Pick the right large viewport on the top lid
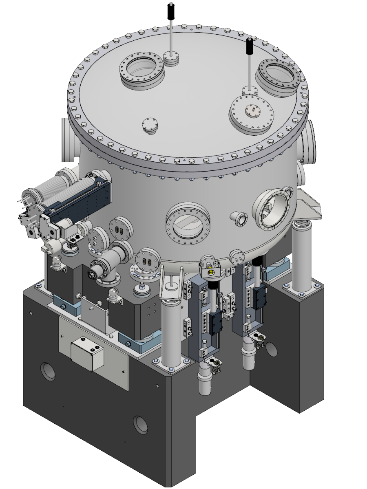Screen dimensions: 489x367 pos(280,73)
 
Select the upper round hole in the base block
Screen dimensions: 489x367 pos(48,371)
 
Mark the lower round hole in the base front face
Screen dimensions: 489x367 pos(141,424)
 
